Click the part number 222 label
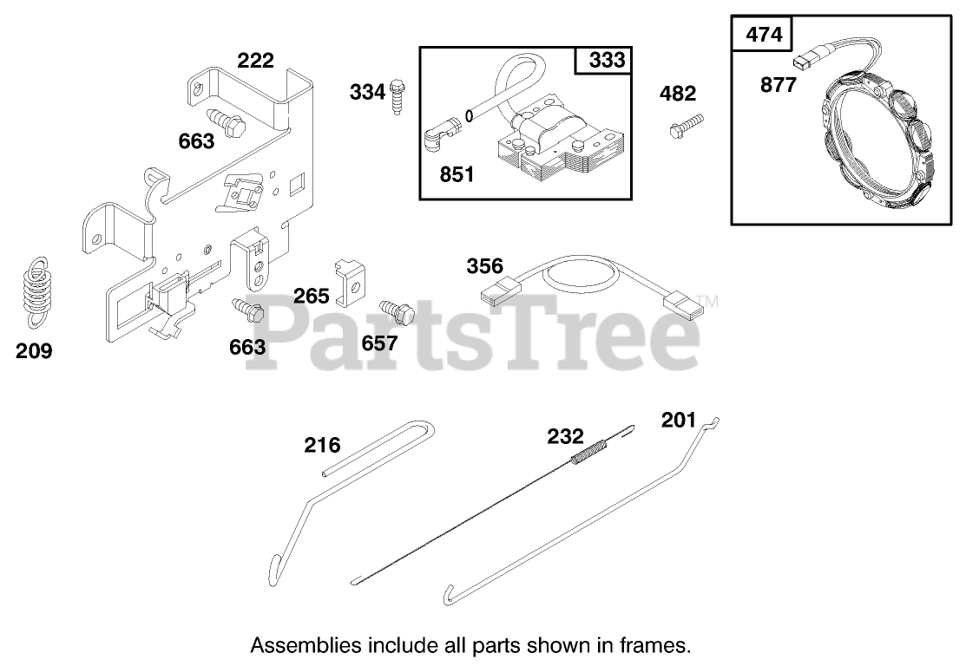click(255, 60)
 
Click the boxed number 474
click(763, 35)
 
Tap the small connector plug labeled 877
click(804, 61)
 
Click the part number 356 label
click(484, 265)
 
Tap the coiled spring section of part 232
click(590, 452)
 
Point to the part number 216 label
click(321, 446)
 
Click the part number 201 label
click(678, 420)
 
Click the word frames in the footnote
click(663, 645)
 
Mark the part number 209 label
click(34, 351)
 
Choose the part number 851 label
click(457, 174)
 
